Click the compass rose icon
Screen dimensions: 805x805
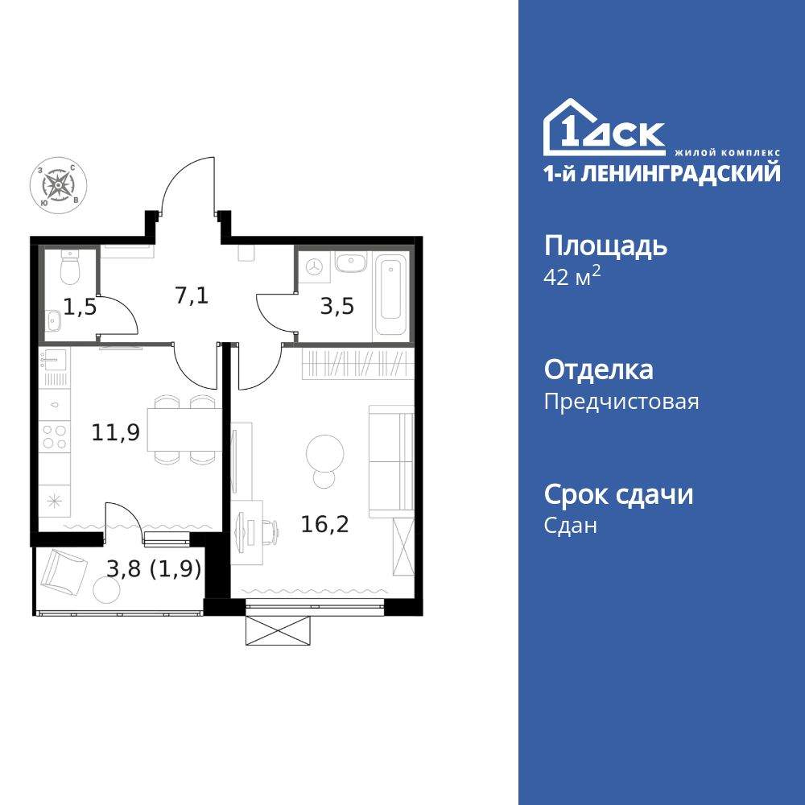tap(59, 184)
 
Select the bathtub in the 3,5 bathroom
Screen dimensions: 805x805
tap(392, 296)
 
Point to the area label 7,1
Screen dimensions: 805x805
tap(192, 295)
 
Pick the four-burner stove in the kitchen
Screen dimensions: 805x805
tap(55, 437)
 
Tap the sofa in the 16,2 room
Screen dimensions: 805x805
tap(390, 460)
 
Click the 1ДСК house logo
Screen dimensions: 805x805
tap(604, 130)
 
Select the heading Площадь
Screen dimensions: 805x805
tap(605, 246)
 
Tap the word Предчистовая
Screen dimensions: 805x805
tap(621, 401)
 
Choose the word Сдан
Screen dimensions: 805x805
tap(571, 526)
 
